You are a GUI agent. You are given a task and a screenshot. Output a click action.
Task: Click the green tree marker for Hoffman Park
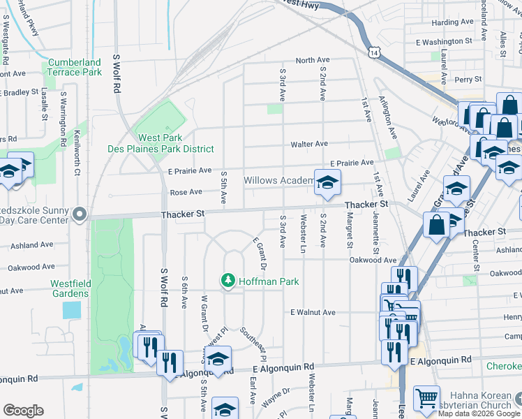227,281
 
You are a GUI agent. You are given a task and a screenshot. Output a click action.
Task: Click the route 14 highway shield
375,52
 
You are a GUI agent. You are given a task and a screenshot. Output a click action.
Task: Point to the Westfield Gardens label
69,288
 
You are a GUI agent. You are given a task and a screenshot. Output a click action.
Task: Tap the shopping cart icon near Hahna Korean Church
426,399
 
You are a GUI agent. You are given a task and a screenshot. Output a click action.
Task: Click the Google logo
23,411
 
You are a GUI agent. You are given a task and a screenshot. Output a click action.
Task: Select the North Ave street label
311,61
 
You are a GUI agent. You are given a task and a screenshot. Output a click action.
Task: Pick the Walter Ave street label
309,144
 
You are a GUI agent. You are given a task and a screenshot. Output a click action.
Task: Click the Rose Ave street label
186,192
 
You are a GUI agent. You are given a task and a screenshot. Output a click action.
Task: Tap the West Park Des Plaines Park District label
161,143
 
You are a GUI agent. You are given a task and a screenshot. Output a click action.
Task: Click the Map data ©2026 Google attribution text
478,413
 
